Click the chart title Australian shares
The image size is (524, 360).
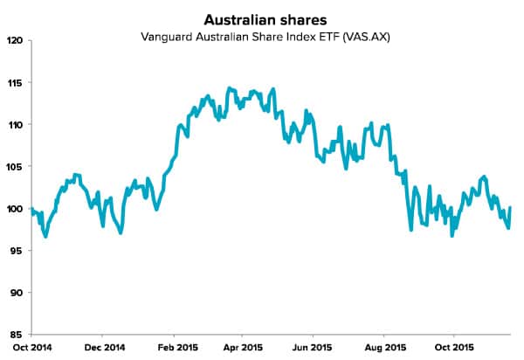click(261, 18)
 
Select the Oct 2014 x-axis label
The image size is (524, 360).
click(31, 347)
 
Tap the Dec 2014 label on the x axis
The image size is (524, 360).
click(102, 347)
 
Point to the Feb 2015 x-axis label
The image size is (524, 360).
click(173, 347)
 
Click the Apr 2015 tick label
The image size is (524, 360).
click(243, 347)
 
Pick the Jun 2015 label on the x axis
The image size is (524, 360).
click(314, 347)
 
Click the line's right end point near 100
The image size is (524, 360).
click(510, 208)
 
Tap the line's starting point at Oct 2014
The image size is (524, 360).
click(31, 208)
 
